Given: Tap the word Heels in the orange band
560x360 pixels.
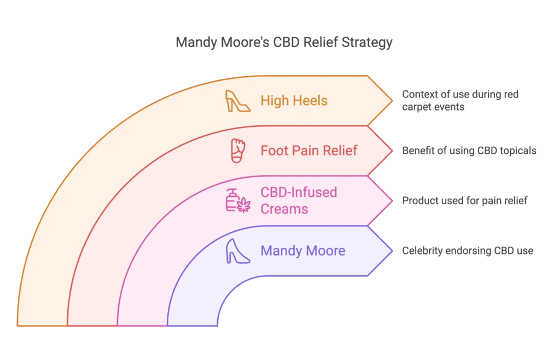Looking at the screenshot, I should click(x=310, y=101).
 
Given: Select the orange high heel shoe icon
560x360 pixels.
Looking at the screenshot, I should click(x=238, y=101).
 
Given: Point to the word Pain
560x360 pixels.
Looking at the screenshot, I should click(x=308, y=150).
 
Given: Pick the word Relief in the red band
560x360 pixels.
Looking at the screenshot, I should click(x=343, y=150).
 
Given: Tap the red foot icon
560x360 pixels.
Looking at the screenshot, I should click(x=237, y=151).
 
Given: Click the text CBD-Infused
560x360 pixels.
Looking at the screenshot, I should click(x=299, y=193).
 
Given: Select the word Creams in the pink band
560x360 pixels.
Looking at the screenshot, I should click(x=284, y=209).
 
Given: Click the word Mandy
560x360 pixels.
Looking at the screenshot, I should click(x=281, y=251).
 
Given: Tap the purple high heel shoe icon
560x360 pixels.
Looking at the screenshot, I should click(x=238, y=252).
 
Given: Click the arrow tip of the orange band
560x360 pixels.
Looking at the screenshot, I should click(x=391, y=101).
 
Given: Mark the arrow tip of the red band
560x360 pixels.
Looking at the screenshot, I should click(x=391, y=151).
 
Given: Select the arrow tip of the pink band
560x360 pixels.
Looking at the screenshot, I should click(x=391, y=201).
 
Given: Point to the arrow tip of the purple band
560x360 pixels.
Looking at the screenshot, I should click(x=391, y=251).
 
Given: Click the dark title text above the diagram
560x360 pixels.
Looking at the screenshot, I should click(x=284, y=42).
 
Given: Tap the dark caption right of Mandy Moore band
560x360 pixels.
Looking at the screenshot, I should click(x=467, y=251).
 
